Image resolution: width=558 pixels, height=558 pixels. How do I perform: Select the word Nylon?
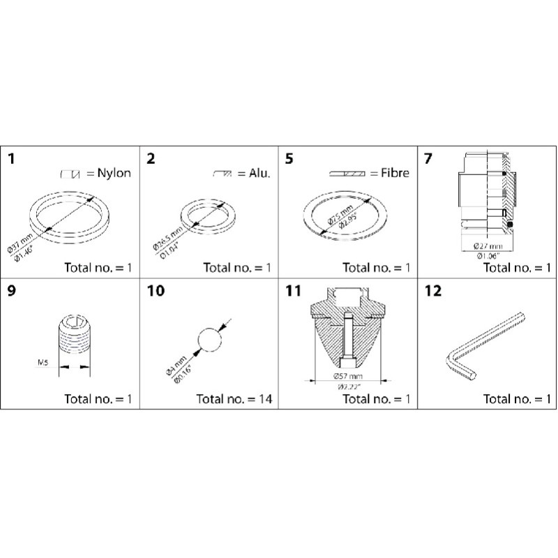115,173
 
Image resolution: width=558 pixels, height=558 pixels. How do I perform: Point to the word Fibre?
394,173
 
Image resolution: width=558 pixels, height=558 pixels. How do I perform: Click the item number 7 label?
428,158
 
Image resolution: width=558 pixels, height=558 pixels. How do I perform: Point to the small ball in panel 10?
209,340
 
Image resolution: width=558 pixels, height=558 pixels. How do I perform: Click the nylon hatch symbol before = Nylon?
73,173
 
